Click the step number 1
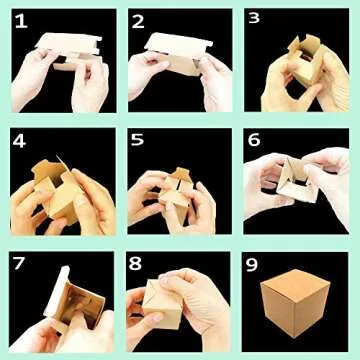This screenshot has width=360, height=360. (20, 21)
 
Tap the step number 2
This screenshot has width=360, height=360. (138, 21)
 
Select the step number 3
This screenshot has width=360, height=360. (255, 20)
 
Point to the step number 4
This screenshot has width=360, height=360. (20, 140)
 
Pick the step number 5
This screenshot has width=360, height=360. (138, 140)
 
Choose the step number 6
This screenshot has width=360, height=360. (255, 140)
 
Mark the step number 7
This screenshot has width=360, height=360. (20, 262)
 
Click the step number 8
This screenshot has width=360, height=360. (138, 262)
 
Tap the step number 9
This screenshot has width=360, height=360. (256, 262)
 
